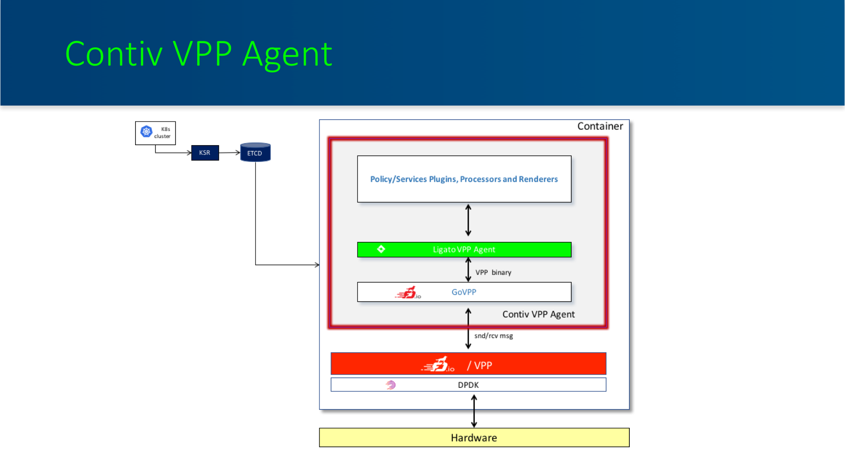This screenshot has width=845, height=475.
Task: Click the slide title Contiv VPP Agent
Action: point(198,55)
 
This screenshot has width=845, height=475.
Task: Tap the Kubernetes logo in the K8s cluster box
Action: point(146,131)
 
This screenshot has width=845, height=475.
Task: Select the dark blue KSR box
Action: point(205,153)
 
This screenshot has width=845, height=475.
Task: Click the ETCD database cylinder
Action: point(255,152)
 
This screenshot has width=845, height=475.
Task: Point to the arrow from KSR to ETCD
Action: point(229,153)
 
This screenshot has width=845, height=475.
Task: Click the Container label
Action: point(600,126)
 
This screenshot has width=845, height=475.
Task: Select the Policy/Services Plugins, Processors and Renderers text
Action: point(464,179)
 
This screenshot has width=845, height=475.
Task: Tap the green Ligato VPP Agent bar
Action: point(464,249)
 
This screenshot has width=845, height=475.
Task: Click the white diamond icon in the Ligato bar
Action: point(381,249)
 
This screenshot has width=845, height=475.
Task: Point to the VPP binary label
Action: point(493,272)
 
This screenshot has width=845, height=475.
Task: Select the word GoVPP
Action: point(464,292)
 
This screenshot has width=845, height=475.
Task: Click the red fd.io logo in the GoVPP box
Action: point(408,292)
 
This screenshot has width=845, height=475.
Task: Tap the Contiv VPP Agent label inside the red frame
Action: point(539,314)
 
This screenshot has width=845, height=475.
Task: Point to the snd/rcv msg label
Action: point(494,336)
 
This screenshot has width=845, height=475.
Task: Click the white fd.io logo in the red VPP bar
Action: point(438,365)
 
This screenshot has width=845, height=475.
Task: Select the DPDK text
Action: point(468,385)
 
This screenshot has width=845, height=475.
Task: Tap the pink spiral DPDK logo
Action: point(391,385)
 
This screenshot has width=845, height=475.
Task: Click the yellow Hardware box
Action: point(474,438)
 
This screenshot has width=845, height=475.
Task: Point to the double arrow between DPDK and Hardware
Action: point(474,411)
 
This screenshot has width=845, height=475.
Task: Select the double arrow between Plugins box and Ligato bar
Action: point(468,220)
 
